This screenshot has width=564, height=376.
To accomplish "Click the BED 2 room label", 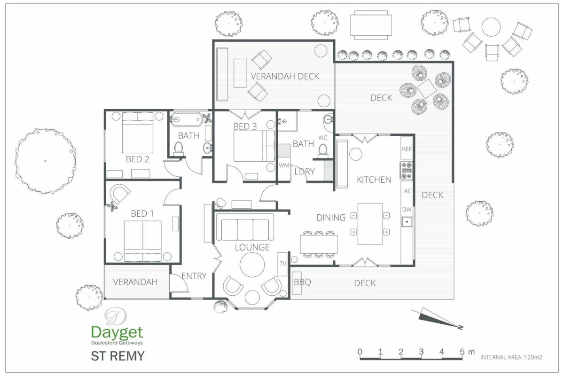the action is (x=137, y=159).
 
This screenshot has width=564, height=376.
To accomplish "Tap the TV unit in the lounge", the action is (x=282, y=264).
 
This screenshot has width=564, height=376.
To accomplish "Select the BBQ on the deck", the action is (x=297, y=283).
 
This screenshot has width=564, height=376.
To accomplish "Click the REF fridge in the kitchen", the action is (x=407, y=148).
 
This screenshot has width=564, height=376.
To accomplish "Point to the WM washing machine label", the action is (x=284, y=165).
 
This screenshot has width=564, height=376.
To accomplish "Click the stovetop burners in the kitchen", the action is (x=407, y=171).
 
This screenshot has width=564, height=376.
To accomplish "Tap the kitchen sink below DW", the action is (x=407, y=222).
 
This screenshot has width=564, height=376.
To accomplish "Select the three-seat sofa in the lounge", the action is (x=245, y=227).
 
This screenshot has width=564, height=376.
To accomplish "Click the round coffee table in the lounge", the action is (x=252, y=265).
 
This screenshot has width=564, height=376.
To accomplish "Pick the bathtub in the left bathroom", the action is (x=187, y=119).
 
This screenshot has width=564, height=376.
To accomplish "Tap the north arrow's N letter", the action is (x=461, y=328).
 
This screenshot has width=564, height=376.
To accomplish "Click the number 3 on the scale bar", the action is (x=421, y=352).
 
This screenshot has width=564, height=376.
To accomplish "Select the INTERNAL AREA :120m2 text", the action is (x=511, y=357).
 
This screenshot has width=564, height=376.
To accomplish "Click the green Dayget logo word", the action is (x=117, y=332).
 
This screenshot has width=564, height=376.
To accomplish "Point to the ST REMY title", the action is (x=117, y=356).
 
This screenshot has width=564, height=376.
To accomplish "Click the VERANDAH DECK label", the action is (x=285, y=76).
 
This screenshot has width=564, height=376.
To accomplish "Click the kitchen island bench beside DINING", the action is (x=370, y=224).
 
